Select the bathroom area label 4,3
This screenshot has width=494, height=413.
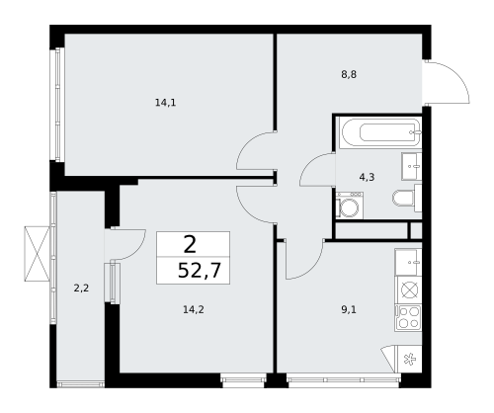[366, 177]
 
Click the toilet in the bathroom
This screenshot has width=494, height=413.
[406, 199]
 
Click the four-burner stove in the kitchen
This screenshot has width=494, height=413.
[408, 317]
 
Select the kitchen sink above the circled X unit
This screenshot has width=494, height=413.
[408, 263]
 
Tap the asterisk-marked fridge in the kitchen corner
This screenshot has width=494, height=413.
[409, 360]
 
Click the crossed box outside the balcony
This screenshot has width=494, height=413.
[39, 254]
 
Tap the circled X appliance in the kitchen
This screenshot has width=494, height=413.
[408, 290]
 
